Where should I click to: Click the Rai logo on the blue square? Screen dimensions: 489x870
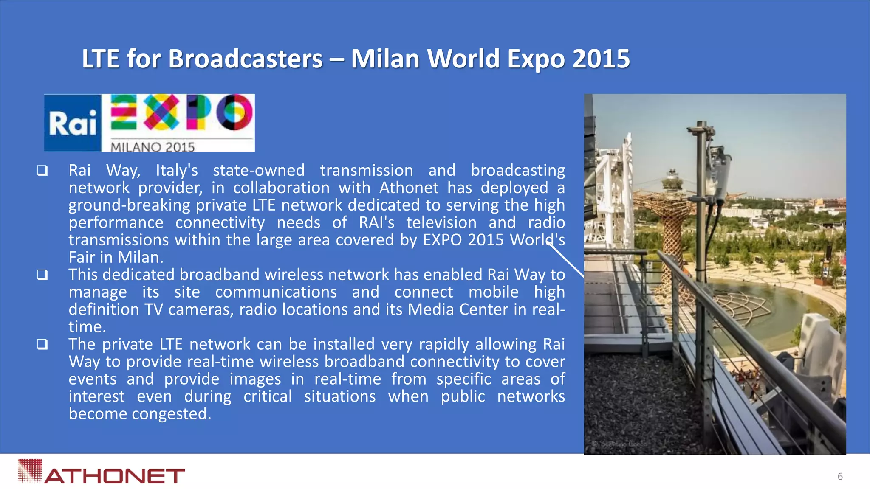(x=73, y=124)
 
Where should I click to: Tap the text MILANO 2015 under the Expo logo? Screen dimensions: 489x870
(x=153, y=147)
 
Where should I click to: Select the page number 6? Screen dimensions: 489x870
(x=840, y=476)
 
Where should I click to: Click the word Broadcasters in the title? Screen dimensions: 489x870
(x=246, y=59)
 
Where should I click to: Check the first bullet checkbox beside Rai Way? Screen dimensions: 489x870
(x=42, y=171)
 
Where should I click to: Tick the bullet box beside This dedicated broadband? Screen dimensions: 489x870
(x=42, y=275)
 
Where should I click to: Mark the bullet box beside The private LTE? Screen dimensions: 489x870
(x=42, y=344)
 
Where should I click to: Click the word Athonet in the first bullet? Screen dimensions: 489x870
(x=409, y=188)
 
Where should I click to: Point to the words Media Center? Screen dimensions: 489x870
(x=458, y=309)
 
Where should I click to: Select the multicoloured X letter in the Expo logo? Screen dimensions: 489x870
(x=161, y=112)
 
